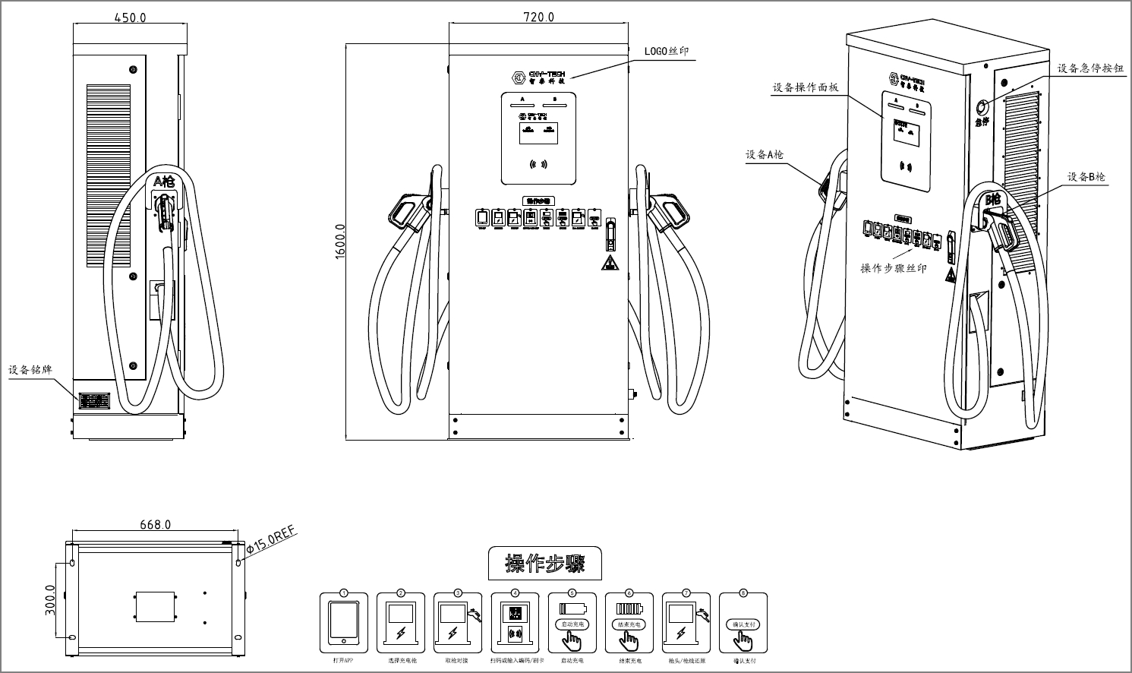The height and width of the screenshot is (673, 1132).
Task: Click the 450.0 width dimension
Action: (x=130, y=17)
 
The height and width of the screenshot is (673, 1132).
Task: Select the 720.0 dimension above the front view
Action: (x=538, y=17)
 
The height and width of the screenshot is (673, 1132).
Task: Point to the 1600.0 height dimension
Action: (x=339, y=242)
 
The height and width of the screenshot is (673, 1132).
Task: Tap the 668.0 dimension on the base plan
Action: (x=155, y=524)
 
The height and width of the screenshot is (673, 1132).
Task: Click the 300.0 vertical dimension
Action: (x=50, y=600)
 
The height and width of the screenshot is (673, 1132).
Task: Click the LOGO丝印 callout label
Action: (x=667, y=52)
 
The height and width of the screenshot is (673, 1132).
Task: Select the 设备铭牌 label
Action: (x=30, y=370)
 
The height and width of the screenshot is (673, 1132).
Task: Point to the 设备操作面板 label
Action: (x=806, y=87)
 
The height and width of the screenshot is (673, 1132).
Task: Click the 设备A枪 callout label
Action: (x=764, y=154)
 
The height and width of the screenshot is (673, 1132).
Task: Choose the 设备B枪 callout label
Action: (x=1086, y=177)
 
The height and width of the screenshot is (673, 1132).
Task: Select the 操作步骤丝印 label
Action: (x=894, y=268)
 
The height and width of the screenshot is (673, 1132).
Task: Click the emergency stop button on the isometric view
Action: (x=982, y=106)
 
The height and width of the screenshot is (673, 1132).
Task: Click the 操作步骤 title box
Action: (x=544, y=564)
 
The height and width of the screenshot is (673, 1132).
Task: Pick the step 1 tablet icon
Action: (x=344, y=622)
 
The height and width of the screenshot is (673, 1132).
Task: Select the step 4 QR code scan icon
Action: (x=516, y=622)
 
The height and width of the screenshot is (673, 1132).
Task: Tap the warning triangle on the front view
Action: (x=609, y=264)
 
